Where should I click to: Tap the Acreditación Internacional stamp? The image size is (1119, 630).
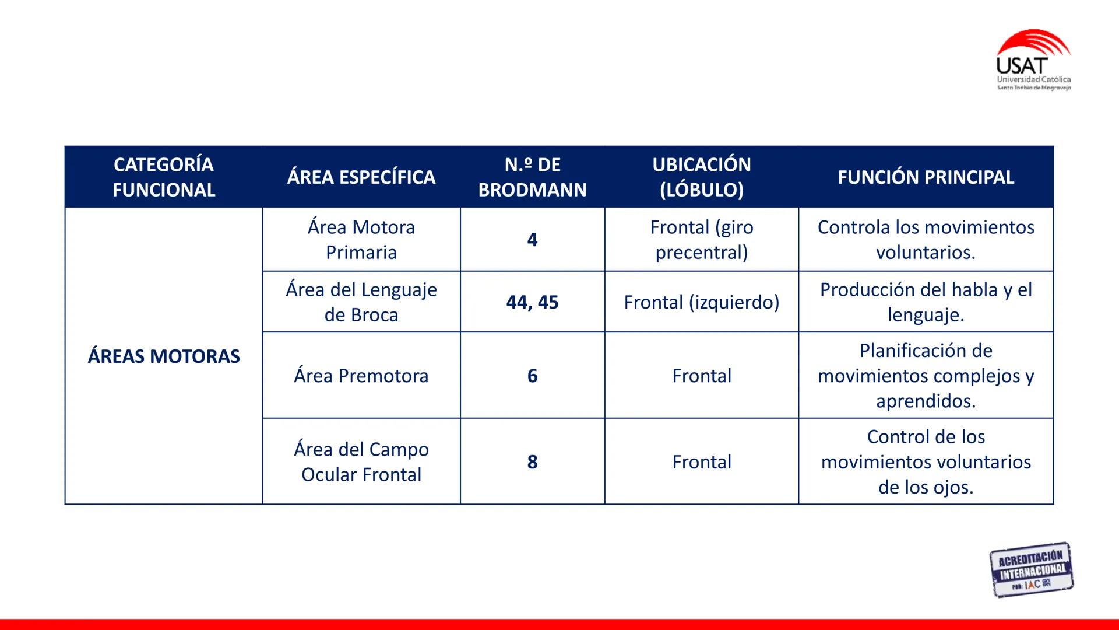pos(1031,570)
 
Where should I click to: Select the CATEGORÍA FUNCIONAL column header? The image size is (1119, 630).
pos(164,177)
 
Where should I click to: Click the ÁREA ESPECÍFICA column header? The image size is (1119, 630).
pos(361,177)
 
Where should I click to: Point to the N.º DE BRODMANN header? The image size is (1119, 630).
pos(532,177)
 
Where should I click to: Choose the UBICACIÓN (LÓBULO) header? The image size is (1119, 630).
pos(702,177)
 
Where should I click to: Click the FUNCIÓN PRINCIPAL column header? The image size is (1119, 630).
pos(926,177)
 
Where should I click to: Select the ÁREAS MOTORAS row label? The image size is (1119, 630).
pos(164,356)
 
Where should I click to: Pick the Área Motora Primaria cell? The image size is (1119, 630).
pos(361,240)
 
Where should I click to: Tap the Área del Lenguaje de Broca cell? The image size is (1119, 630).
pos(361,302)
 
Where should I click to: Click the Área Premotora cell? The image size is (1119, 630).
pos(361,376)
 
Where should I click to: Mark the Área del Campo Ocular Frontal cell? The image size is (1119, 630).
pos(361,461)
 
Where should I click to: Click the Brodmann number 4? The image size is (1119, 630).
pos(532,240)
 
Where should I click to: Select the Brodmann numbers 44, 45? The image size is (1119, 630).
pos(532,302)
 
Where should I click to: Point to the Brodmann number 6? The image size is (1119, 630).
pos(532,376)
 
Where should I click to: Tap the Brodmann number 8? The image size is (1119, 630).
pos(532,461)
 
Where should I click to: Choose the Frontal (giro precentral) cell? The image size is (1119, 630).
pos(702,240)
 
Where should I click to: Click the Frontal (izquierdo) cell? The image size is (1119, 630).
pos(702,302)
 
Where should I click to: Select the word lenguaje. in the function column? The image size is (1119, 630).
pos(926,316)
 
